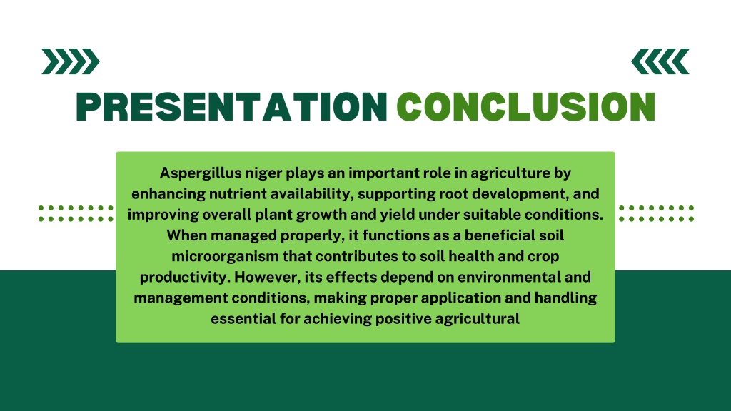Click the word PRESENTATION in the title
point(232,107)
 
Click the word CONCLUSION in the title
point(526,107)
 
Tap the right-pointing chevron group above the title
point(71,61)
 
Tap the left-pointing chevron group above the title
point(660,61)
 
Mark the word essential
point(243,319)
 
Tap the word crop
point(543,257)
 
